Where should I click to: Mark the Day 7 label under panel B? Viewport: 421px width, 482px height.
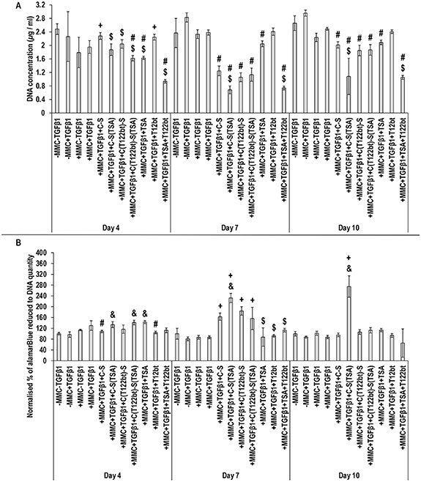[230, 475]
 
